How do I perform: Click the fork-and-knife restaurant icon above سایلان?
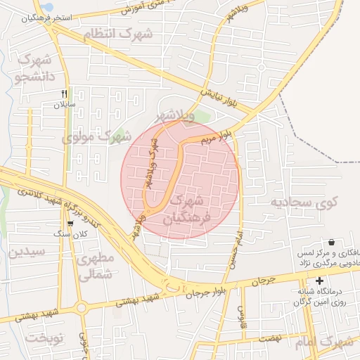64,94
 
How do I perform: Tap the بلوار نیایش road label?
227,101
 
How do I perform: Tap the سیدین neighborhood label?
27,251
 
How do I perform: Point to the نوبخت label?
44,337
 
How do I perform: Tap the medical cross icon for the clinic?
319,281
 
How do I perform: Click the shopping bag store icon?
331,241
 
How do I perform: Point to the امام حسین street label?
236,245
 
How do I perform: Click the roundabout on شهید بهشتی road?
82,307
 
